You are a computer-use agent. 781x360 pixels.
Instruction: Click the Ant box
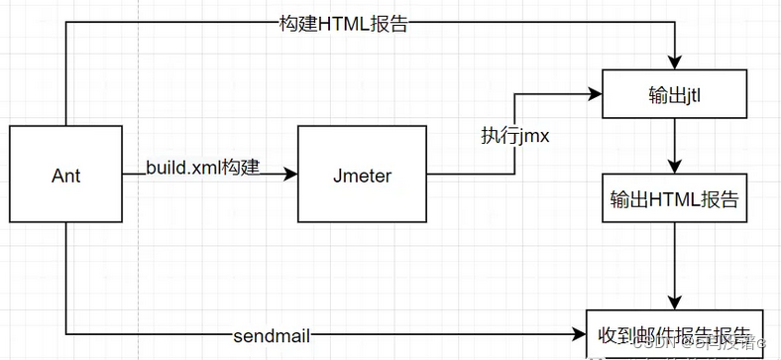65,175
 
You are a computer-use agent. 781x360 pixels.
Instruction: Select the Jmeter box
363,175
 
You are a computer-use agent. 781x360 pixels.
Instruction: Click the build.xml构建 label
203,167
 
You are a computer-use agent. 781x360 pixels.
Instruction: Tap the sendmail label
274,335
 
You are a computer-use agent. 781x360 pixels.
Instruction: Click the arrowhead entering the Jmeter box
290,175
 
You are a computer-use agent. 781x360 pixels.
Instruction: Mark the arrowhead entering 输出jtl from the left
596,95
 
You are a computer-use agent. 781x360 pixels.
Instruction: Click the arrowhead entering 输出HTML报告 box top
675,167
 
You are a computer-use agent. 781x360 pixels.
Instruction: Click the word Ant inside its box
65,177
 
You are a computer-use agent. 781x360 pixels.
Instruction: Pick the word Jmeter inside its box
363,177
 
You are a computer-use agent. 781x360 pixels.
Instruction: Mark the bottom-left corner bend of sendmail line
65,333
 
